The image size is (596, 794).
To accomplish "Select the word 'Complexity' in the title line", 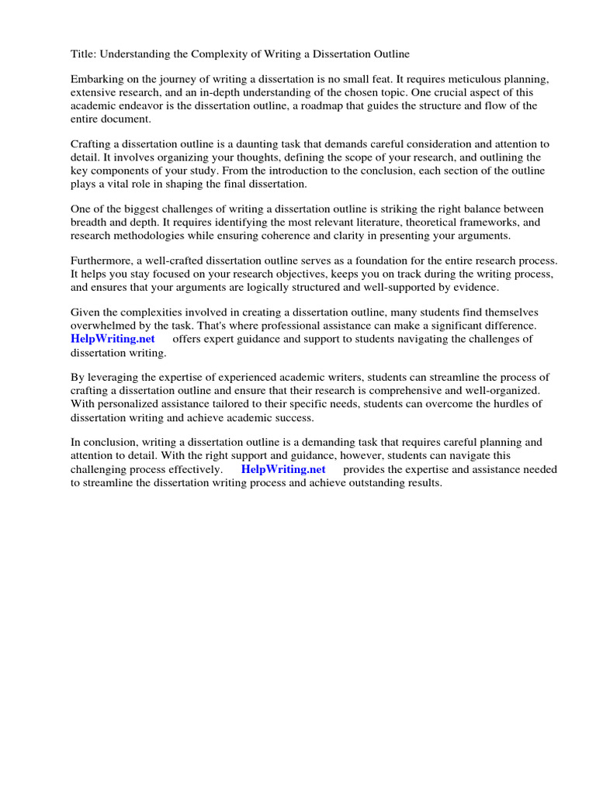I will tap(198, 54).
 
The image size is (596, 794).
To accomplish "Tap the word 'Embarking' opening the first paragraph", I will tap(97, 80).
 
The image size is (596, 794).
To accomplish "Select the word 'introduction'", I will tap(277, 171).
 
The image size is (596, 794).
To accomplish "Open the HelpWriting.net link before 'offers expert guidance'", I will tap(113, 340).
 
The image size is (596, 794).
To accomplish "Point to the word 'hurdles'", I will tap(502, 404).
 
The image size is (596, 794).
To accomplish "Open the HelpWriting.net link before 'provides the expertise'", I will tap(283, 470).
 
